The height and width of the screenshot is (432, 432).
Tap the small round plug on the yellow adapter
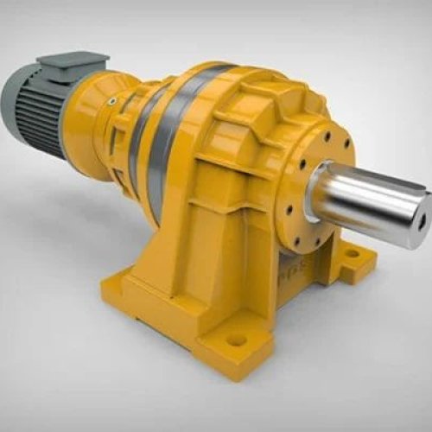111,101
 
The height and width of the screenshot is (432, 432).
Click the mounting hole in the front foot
236,339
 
